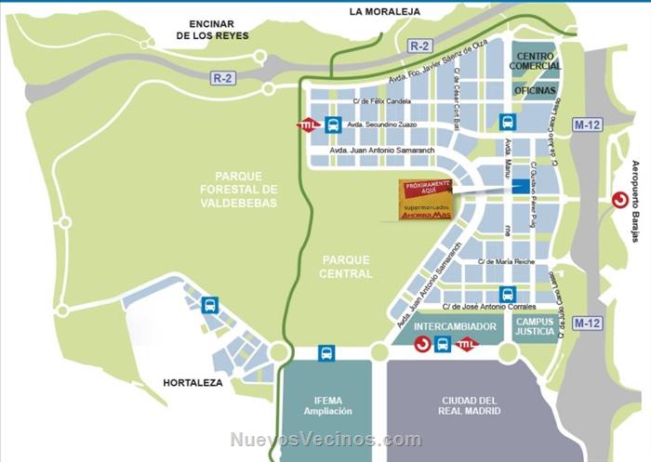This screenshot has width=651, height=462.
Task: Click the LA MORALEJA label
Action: pyautogui.click(x=384, y=11)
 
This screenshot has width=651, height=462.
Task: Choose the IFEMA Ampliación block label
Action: pyautogui.click(x=326, y=405)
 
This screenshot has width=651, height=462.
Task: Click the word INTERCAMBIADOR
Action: pyautogui.click(x=442, y=326)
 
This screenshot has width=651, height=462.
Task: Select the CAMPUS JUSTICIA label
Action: pyautogui.click(x=535, y=326)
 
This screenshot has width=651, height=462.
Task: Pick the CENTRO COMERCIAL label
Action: pyautogui.click(x=535, y=61)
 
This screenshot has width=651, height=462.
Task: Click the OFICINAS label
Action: pyautogui.click(x=535, y=90)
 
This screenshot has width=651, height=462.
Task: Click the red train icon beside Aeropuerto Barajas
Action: pyautogui.click(x=618, y=199)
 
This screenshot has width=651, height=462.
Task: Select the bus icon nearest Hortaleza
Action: pyautogui.click(x=210, y=304)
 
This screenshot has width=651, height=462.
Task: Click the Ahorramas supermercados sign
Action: pyautogui.click(x=426, y=200)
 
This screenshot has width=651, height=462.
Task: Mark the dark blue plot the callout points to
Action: pyautogui.click(x=519, y=187)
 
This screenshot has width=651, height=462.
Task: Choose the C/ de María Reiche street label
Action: pyautogui.click(x=506, y=262)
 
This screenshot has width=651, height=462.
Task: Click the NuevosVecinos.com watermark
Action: pyautogui.click(x=325, y=440)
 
